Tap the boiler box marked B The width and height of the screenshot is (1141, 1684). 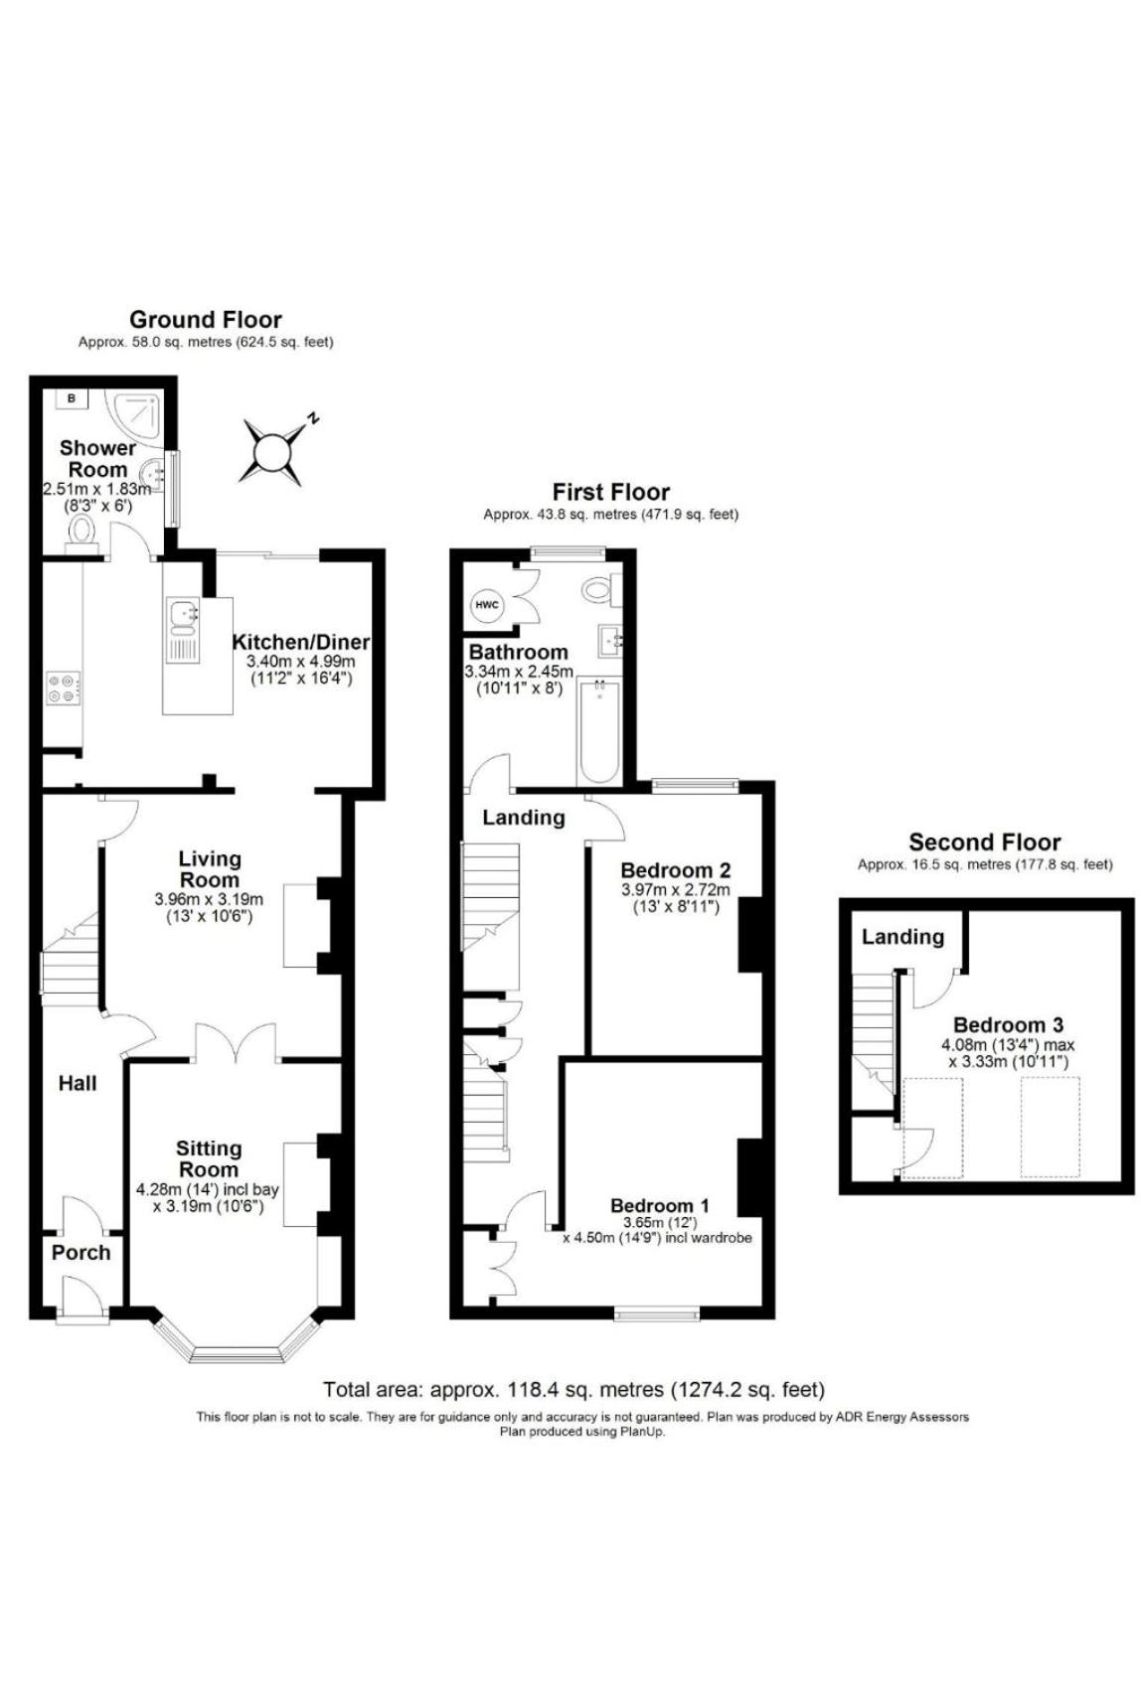coord(72,398)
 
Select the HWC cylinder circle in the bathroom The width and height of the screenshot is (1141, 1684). coord(487,605)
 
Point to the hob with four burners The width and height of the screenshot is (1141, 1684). coord(63,689)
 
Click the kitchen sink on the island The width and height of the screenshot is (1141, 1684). coord(183,617)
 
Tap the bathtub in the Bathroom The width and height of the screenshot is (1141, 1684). coord(599,731)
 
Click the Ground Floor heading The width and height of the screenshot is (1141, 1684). coord(206,320)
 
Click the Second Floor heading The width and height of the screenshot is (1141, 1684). coord(984,842)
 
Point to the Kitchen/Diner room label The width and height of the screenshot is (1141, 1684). coord(300,643)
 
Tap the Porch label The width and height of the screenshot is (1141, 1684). coord(81,1253)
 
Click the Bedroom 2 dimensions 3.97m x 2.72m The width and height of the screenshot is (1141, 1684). coord(675,890)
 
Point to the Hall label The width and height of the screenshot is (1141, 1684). coord(78,1083)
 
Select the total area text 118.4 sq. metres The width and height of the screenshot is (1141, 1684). coord(573,1390)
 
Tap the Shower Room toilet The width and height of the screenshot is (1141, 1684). coord(81,534)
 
